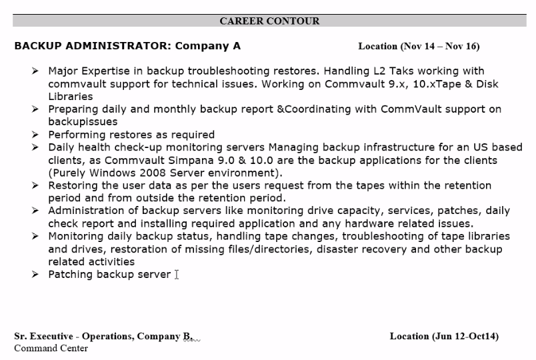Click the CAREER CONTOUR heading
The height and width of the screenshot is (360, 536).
click(x=269, y=21)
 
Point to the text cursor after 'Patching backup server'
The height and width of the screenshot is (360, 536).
click(x=177, y=275)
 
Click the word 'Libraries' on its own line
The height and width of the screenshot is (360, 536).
click(x=70, y=97)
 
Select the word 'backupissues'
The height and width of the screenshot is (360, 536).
click(x=83, y=122)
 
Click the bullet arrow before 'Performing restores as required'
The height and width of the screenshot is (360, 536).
click(x=35, y=135)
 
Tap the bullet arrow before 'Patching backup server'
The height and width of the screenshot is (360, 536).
click(x=35, y=275)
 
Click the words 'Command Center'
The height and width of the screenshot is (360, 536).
click(x=51, y=348)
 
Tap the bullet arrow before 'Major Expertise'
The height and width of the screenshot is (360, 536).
click(x=35, y=71)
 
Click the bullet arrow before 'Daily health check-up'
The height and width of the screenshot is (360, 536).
click(x=35, y=147)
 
